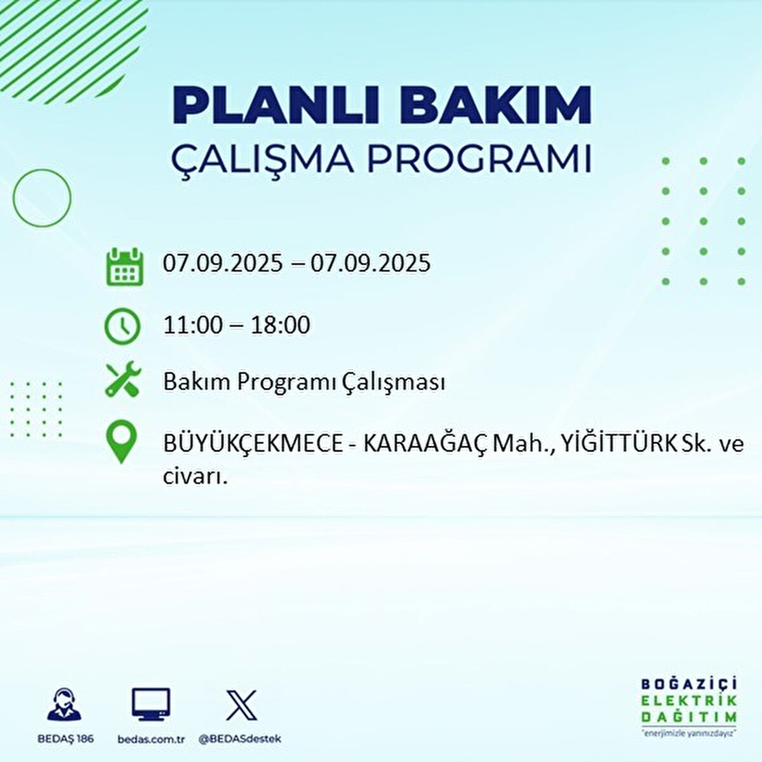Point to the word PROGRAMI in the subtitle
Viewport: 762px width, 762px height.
480,159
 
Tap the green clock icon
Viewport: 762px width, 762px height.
122,326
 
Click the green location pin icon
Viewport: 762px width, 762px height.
121,443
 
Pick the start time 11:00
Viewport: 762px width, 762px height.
193,325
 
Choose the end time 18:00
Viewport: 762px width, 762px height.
280,325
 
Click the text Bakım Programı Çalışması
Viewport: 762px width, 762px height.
304,382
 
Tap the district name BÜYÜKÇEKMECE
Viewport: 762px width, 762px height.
251,444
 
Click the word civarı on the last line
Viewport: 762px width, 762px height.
194,477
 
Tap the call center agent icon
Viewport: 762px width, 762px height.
64,705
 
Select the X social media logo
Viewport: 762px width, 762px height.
241,705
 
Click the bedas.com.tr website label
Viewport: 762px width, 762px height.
151,739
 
